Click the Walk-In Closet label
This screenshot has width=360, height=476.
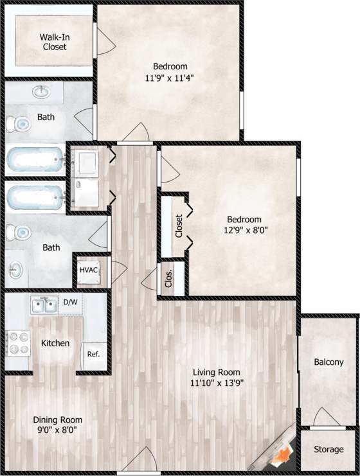pyautogui.click(x=55, y=41)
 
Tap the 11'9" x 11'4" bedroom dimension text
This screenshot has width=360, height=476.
pyautogui.click(x=170, y=78)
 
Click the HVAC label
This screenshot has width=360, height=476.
pyautogui.click(x=89, y=270)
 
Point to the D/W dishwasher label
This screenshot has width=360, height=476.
pyautogui.click(x=70, y=301)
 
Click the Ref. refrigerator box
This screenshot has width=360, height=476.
pyautogui.click(x=94, y=354)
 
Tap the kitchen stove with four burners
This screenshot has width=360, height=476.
pyautogui.click(x=19, y=343)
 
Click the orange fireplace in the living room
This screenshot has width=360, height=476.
pyautogui.click(x=281, y=457)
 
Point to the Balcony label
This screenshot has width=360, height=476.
pyautogui.click(x=328, y=362)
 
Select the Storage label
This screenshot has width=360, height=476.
pyautogui.click(x=328, y=450)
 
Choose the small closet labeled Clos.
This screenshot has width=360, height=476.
pyautogui.click(x=170, y=278)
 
